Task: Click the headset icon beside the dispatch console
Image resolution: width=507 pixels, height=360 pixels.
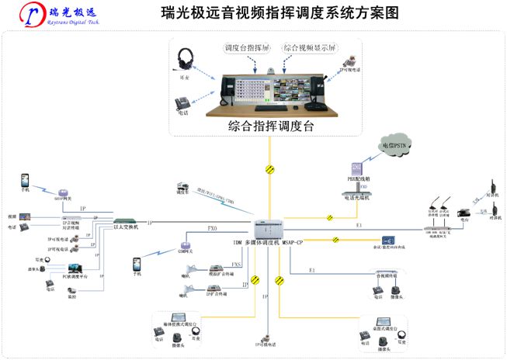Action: coord(186,60)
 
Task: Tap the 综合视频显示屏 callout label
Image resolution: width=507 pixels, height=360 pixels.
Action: coord(309,47)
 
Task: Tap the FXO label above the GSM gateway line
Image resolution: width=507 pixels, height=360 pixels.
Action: coord(212,230)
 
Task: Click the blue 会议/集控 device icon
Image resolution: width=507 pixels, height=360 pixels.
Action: coord(386,241)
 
